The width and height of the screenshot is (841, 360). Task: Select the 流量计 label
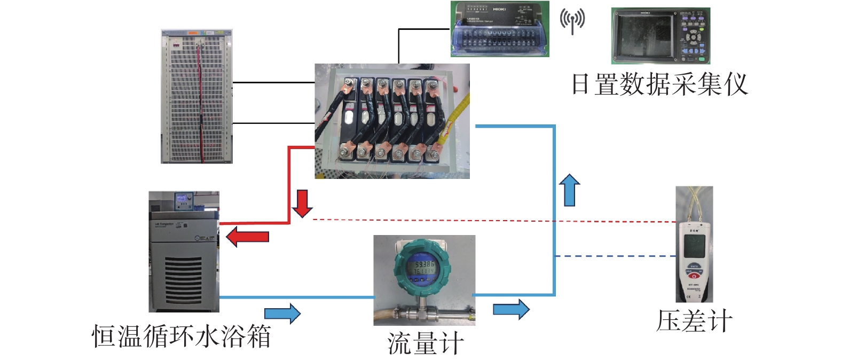pyautogui.click(x=425, y=343)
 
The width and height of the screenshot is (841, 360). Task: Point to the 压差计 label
pyautogui.click(x=694, y=321)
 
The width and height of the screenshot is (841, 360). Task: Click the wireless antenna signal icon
pyautogui.click(x=572, y=21)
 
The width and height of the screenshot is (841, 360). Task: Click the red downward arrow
pyautogui.click(x=302, y=204)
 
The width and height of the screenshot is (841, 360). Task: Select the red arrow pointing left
pyautogui.click(x=247, y=236)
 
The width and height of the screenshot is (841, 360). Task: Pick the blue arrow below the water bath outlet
pyautogui.click(x=282, y=313)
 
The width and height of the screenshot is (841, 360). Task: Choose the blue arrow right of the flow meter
pyautogui.click(x=511, y=309)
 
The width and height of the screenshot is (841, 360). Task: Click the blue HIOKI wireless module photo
pyautogui.click(x=500, y=29)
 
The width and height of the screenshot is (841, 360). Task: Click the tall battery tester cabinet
pyautogui.click(x=197, y=97)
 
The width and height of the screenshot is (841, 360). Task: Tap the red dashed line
pyautogui.click(x=481, y=220)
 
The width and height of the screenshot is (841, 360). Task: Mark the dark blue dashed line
pyautogui.click(x=614, y=256)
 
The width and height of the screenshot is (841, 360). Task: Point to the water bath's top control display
pyautogui.click(x=183, y=201)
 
